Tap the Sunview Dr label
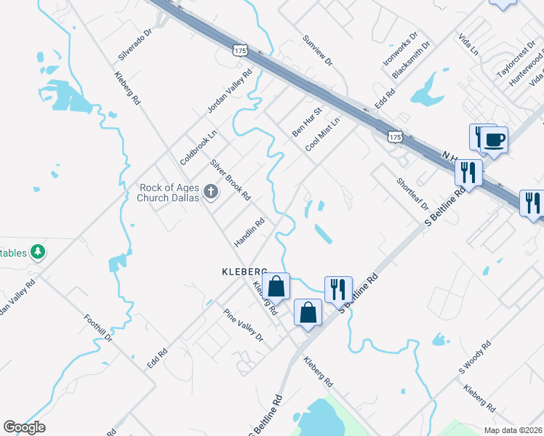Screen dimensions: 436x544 (x=317, y=50)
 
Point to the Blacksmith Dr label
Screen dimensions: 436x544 (x=411, y=59)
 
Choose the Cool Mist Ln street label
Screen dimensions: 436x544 (x=323, y=134)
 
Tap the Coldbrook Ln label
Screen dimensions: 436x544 (x=199, y=146)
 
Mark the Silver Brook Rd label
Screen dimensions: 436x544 (x=230, y=179)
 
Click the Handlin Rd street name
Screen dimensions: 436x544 (x=249, y=232)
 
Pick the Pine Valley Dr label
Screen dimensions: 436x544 (x=243, y=325)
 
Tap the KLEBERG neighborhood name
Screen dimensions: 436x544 (x=245, y=271)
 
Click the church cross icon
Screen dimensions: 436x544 (x=211, y=192)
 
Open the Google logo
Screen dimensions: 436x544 (x=24, y=427)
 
